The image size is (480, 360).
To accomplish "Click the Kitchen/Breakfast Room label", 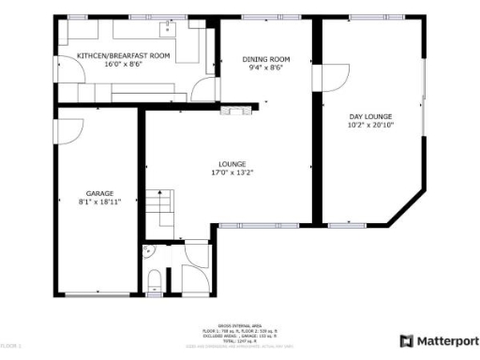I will click(123, 56).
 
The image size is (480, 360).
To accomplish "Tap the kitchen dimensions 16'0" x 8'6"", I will click(123, 65).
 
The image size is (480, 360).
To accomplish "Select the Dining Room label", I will click(266, 59).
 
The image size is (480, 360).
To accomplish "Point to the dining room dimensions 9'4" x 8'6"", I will click(266, 67).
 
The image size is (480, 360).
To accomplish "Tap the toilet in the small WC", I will click(154, 277).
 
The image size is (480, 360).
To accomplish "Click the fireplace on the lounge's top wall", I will click(228, 111).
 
